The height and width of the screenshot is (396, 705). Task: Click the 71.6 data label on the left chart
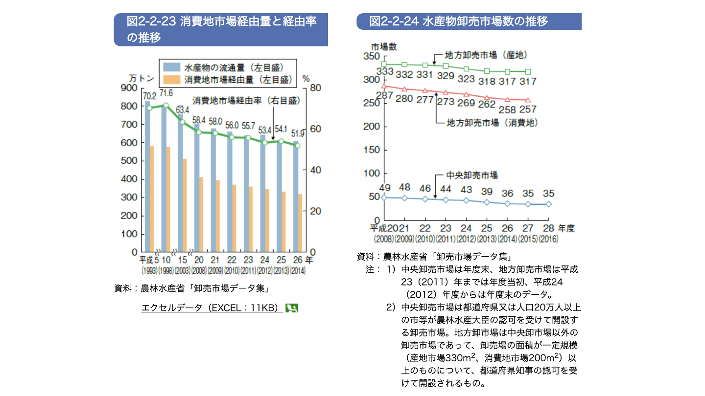coord(165,93)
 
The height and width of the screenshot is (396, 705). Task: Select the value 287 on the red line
coord(384,95)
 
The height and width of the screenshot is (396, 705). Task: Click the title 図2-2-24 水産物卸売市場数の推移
coord(458,22)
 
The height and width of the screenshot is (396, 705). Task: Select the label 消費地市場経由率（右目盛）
coord(246,100)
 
